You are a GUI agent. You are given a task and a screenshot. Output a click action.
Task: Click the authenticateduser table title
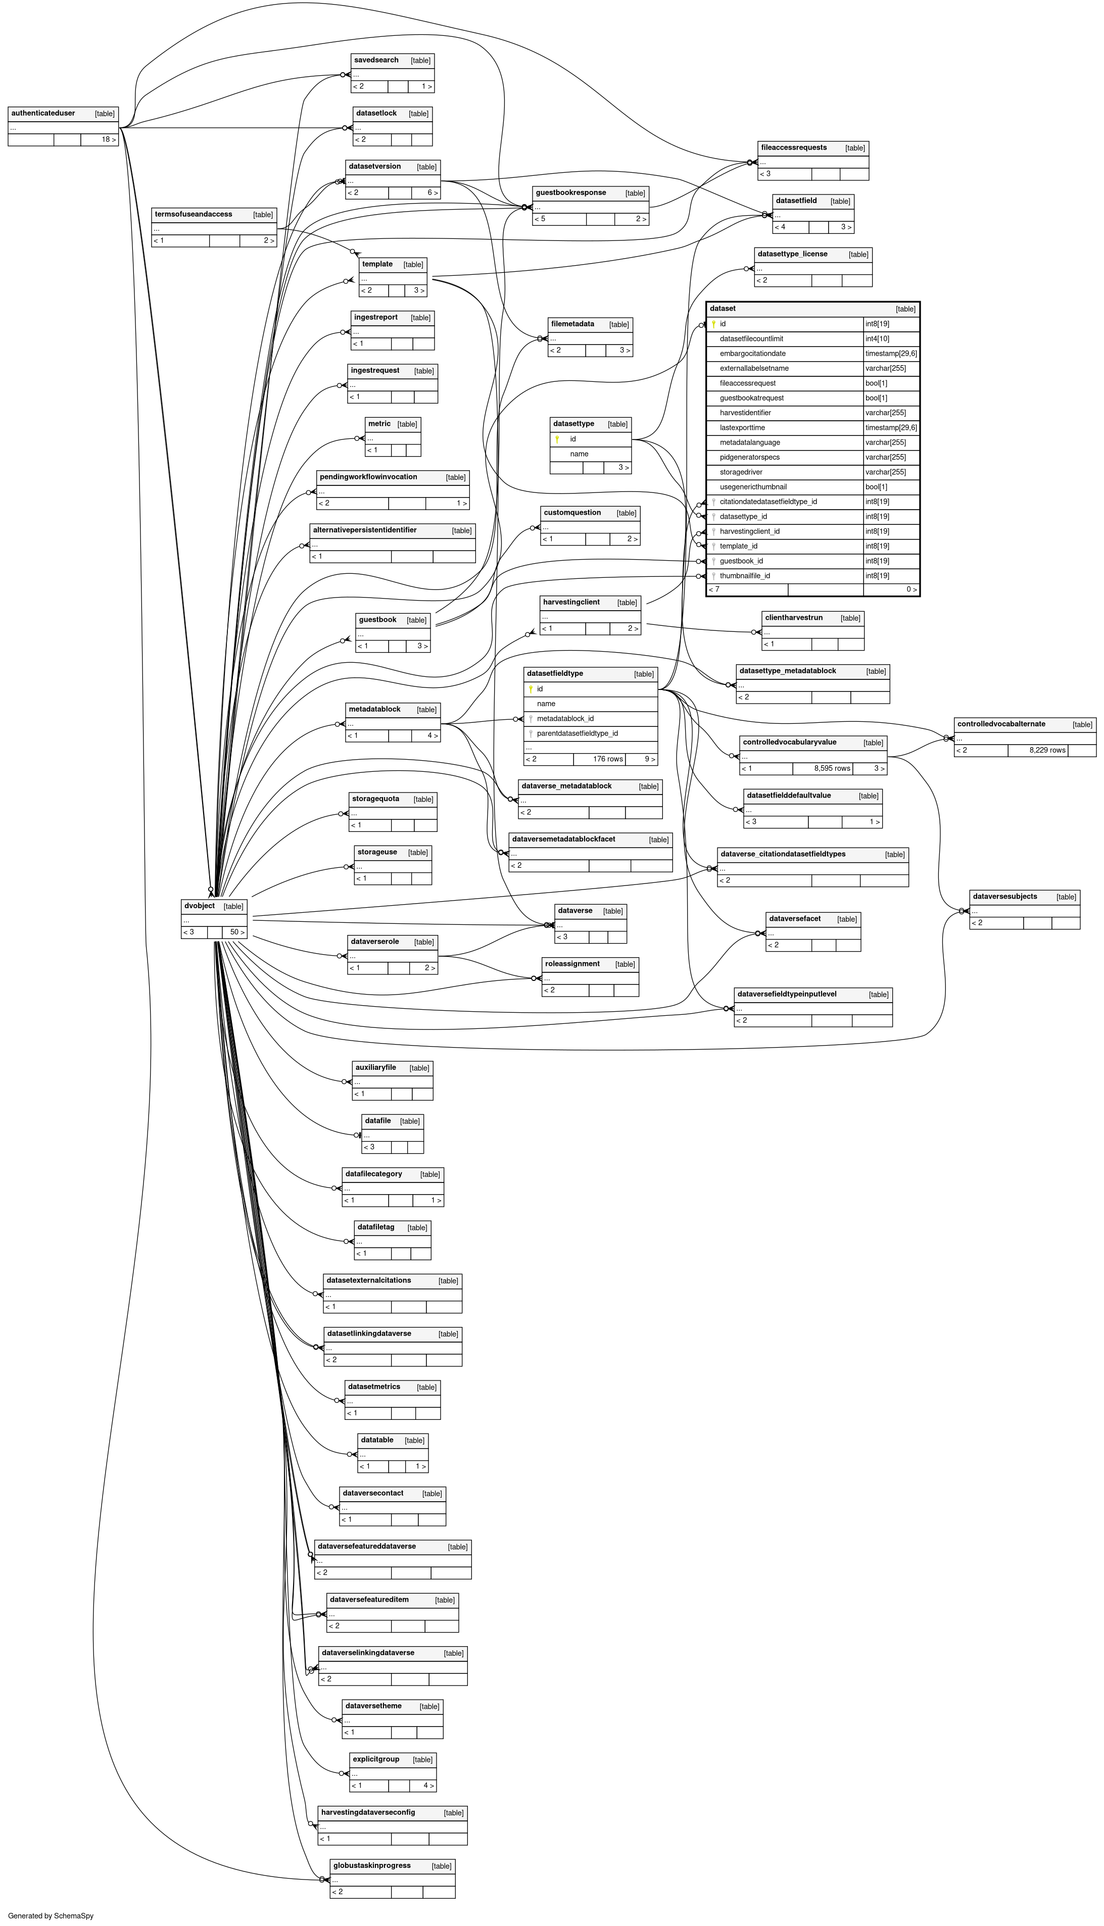[43, 114]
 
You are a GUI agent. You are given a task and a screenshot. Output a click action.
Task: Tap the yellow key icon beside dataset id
[713, 324]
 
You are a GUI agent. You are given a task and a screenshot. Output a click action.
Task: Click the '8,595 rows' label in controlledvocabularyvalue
[832, 769]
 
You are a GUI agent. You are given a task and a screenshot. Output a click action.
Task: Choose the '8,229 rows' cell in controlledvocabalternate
[1047, 751]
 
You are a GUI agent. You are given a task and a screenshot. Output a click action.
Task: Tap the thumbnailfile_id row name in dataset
[745, 576]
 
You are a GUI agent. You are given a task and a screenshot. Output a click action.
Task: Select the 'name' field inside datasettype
[580, 454]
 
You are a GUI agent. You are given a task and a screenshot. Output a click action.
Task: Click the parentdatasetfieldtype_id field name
[577, 734]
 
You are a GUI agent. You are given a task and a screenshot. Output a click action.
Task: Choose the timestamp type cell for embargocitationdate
[891, 354]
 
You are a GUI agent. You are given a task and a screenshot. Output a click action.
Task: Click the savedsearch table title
[376, 61]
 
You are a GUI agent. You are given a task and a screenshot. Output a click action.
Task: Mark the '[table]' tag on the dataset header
[905, 309]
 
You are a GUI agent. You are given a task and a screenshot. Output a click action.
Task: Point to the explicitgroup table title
[376, 1759]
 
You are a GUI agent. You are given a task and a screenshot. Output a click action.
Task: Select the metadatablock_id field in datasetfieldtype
[565, 719]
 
